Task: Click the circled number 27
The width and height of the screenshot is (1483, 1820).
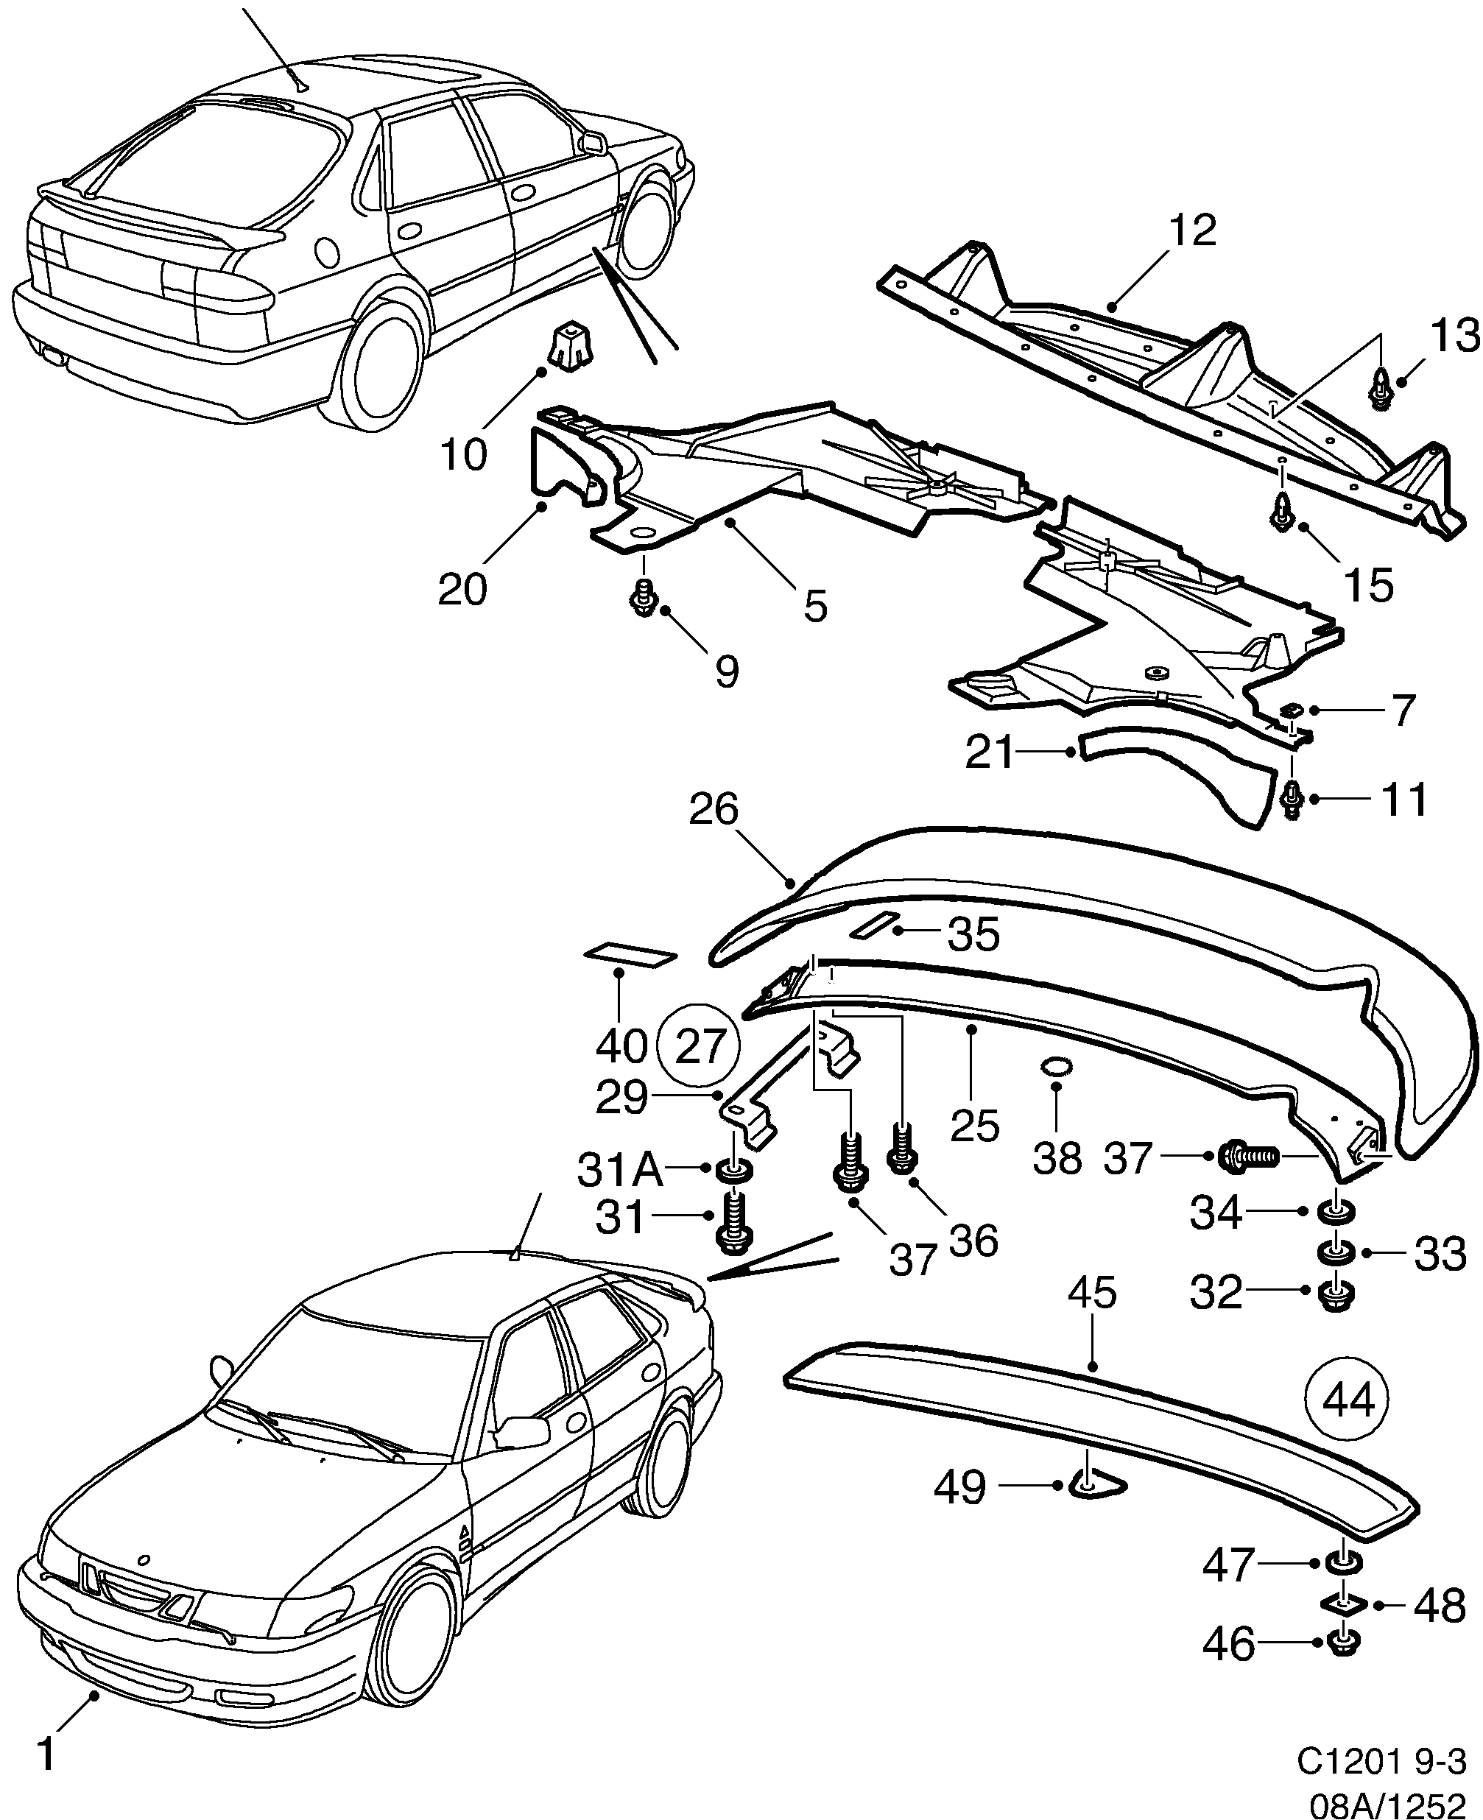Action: tap(700, 1045)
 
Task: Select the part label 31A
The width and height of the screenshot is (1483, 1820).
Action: tap(619, 1169)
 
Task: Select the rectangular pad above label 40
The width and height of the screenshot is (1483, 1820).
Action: tap(630, 954)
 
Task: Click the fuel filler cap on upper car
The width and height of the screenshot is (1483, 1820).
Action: tap(326, 252)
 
